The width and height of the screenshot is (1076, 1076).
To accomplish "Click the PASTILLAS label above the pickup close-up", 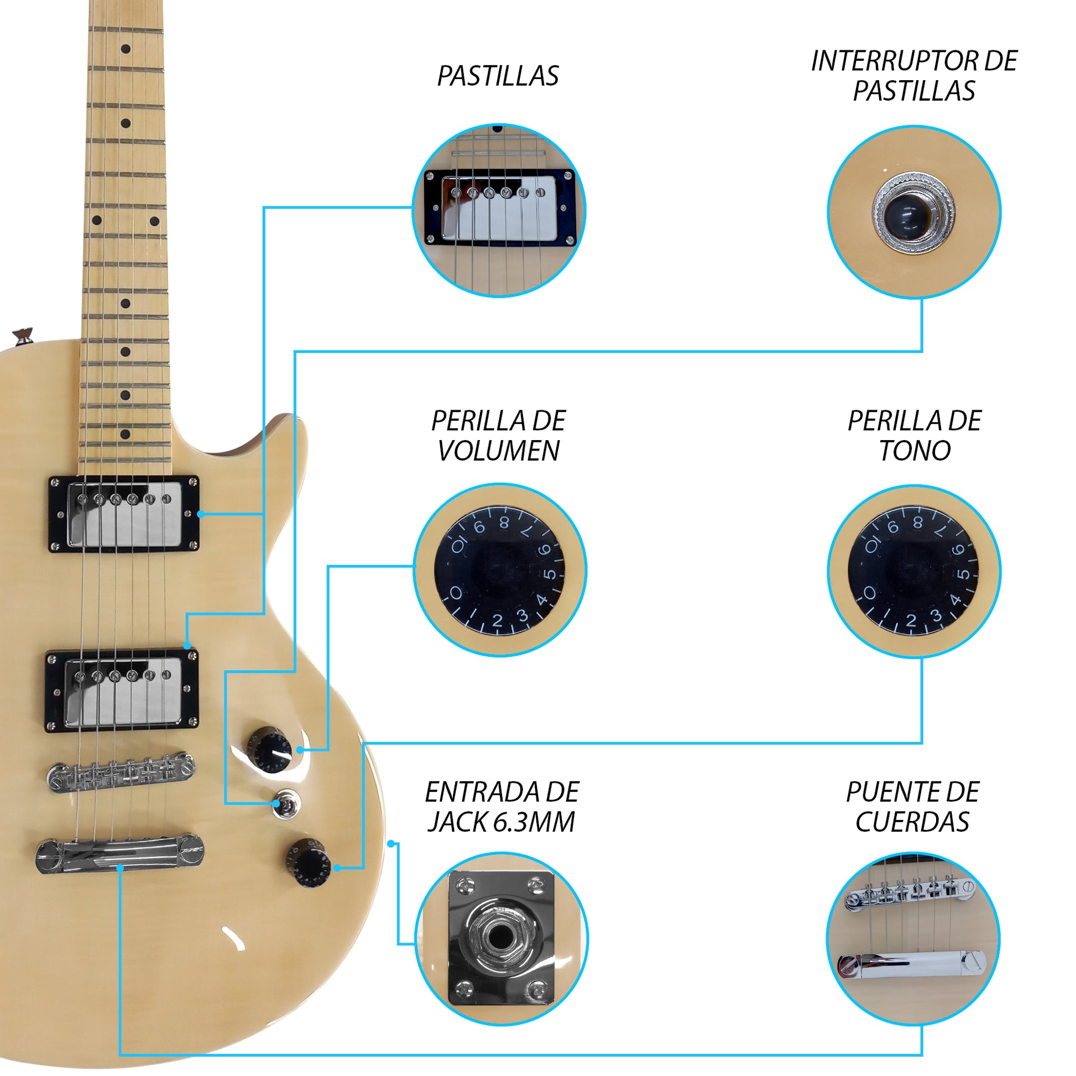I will [497, 76].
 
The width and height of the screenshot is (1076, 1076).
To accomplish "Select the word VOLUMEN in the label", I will [498, 451].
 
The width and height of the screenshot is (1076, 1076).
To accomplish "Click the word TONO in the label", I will [915, 451].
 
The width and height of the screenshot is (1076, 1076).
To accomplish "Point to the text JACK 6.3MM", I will [501, 822].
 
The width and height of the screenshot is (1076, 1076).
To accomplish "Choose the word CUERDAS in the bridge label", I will [912, 822].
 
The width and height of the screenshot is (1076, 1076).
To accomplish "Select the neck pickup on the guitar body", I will [124, 514].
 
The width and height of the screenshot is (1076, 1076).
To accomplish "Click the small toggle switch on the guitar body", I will [286, 803].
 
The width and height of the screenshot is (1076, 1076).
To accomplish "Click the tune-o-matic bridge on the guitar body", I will [121, 772].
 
